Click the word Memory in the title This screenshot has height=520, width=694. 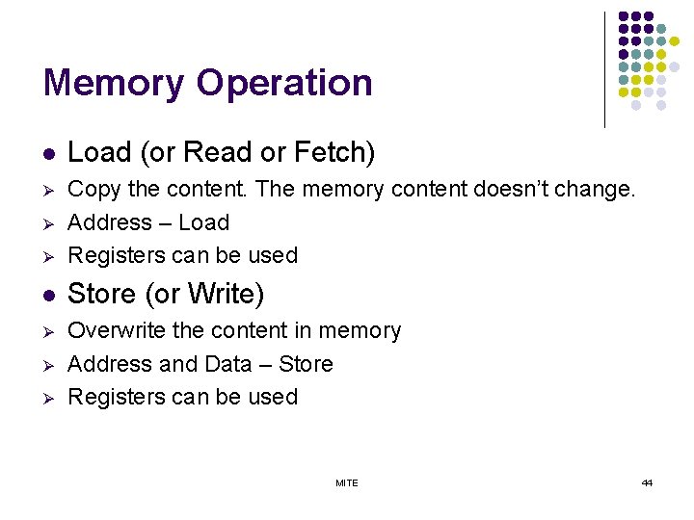114,83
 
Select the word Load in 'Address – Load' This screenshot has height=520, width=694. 203,222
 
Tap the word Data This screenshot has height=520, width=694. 227,364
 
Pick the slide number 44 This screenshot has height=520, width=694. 647,482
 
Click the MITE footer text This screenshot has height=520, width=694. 347,482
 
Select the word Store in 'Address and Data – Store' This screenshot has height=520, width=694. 305,364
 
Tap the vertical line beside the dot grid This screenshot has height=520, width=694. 604,69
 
